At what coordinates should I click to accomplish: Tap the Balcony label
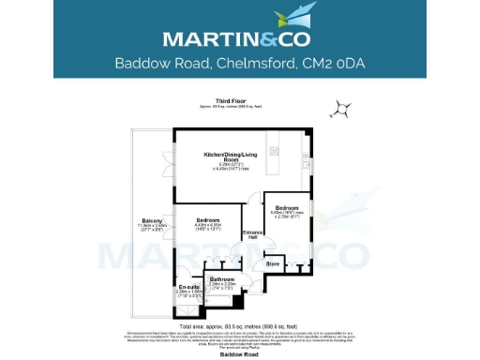152,222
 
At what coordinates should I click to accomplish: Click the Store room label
273,263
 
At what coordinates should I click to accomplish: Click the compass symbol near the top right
344,111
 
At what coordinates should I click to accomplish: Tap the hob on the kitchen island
276,150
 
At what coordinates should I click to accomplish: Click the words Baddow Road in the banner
157,64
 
